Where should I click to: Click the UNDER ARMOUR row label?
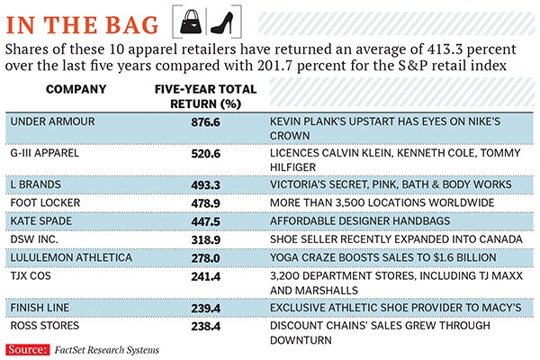(46, 121)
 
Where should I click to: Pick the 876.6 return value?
(205, 121)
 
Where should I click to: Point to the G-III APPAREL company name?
(44, 153)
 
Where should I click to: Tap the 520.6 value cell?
(205, 153)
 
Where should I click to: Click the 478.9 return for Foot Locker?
(205, 202)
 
